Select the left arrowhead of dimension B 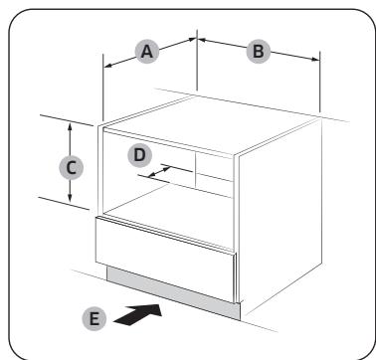pos(203,42)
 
